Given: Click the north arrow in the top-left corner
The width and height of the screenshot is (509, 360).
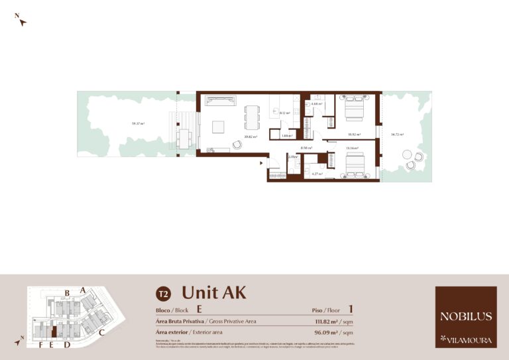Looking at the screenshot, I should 22,21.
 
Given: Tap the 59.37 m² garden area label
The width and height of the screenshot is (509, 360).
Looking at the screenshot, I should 138,123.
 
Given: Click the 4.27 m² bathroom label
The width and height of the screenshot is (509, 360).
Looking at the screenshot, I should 317,174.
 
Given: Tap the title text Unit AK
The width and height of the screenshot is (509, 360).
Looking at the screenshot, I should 214,292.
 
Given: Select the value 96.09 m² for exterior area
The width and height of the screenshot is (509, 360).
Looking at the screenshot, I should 325,331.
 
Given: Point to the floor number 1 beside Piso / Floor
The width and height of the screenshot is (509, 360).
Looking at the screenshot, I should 351,309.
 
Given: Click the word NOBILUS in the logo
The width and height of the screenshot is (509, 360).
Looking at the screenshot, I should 466,316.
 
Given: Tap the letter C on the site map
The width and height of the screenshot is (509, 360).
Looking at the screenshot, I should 102,332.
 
